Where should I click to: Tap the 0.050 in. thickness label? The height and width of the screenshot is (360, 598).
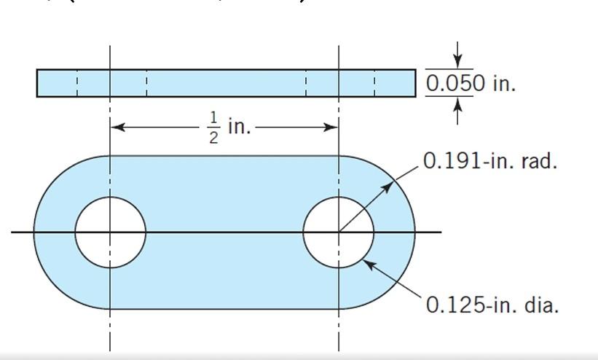click(470, 83)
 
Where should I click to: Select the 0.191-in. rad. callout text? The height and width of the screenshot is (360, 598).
click(489, 161)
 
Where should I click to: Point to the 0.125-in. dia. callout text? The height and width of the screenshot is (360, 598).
click(492, 305)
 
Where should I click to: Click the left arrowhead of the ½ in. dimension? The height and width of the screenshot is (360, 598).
click(117, 127)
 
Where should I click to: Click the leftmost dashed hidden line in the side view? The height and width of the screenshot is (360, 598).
click(77, 83)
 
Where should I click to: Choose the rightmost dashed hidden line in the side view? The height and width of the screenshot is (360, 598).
click(375, 83)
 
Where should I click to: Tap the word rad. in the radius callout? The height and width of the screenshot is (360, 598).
click(540, 161)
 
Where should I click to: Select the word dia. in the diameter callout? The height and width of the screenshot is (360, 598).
click(542, 305)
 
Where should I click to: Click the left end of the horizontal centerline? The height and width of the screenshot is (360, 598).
click(13, 232)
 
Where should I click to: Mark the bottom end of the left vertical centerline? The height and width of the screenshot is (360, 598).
click(110, 348)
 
